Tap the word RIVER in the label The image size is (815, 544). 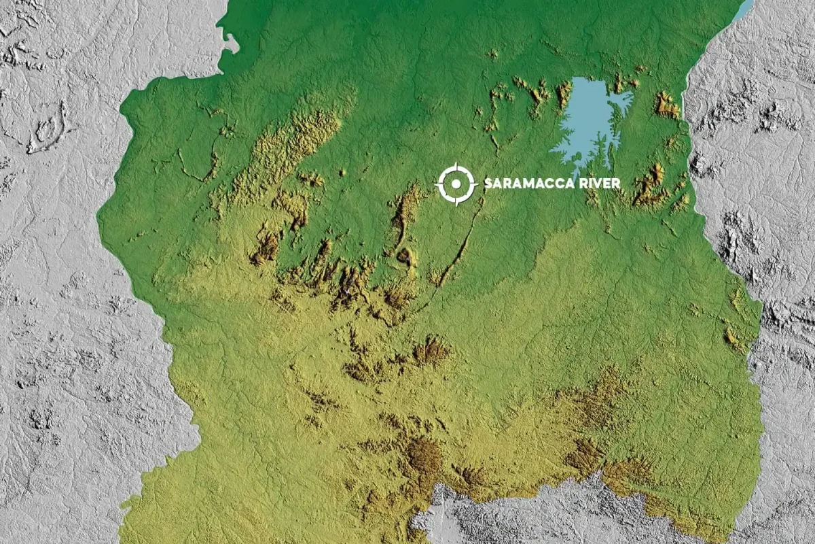pos(598,184)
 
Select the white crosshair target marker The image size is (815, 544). pos(456,184)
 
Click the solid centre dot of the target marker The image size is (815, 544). pos(456,184)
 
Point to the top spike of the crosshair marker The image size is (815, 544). pos(456,166)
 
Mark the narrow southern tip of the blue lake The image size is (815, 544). pos(577,167)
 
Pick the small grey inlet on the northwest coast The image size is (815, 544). pos(231,45)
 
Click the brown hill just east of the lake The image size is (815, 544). pos(666,105)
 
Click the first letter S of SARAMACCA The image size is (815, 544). pos(488,184)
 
